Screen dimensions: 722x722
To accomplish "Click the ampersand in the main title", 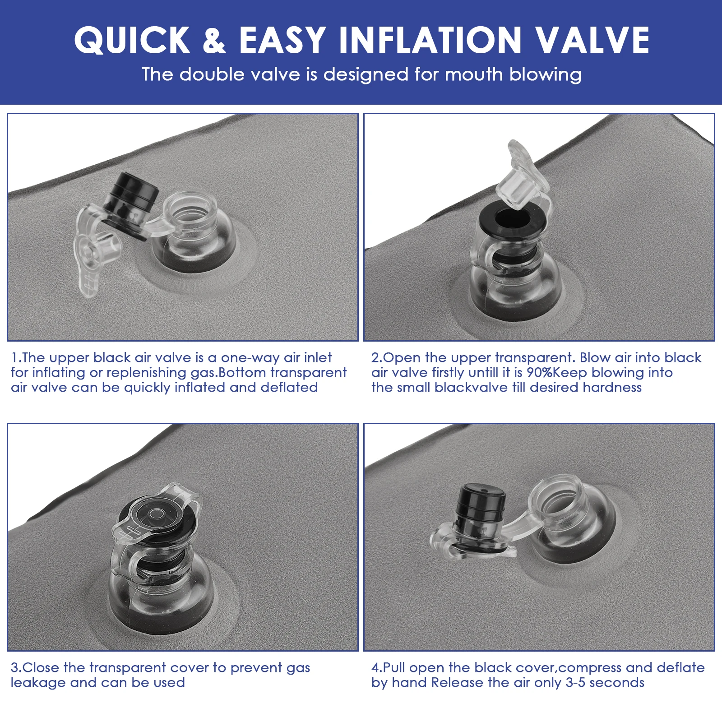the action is [214, 40].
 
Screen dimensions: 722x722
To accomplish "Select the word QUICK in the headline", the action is [132, 40].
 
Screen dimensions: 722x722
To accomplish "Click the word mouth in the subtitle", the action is [473, 74].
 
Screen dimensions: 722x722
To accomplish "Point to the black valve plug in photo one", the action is [131, 205].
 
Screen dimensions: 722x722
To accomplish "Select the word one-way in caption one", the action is [250, 358].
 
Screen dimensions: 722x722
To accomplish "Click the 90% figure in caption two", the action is [540, 372].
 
